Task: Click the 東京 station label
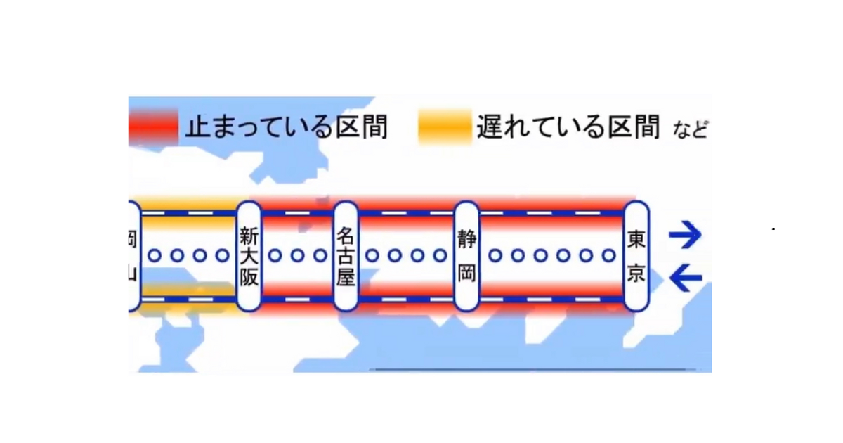tap(636, 256)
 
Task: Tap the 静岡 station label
tap(467, 256)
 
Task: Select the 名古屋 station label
tap(346, 256)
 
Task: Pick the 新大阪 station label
tap(249, 256)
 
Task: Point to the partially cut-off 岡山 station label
tap(133, 256)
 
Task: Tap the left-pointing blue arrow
tap(686, 279)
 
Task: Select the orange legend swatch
tap(444, 128)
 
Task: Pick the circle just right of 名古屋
tap(372, 256)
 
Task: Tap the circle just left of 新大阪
tap(222, 256)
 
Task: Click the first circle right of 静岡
tap(495, 256)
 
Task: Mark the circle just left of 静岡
tap(441, 256)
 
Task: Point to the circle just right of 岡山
tap(155, 256)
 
